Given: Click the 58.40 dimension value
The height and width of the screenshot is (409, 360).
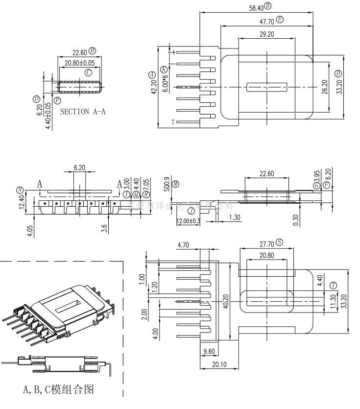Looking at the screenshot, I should [x=256, y=7].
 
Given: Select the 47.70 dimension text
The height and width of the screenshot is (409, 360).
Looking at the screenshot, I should [x=266, y=21].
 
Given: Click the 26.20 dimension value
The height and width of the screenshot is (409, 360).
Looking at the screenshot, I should [x=325, y=87].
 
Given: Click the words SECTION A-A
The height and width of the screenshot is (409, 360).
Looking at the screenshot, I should [x=82, y=111].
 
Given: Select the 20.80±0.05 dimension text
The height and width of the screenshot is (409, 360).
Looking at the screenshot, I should [x=79, y=63].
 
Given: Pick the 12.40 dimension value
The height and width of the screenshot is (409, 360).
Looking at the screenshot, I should [x=22, y=202].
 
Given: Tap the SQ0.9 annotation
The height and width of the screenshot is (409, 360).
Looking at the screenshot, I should [x=167, y=184].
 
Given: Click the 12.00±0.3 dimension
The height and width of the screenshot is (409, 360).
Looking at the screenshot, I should [x=188, y=221].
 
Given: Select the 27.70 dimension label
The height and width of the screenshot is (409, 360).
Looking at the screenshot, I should [x=265, y=243].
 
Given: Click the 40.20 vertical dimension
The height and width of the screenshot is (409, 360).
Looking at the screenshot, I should [x=226, y=301].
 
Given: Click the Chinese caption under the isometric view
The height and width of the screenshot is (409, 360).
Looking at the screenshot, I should [x=58, y=389].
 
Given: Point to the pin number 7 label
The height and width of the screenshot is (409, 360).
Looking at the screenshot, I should [x=173, y=121].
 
